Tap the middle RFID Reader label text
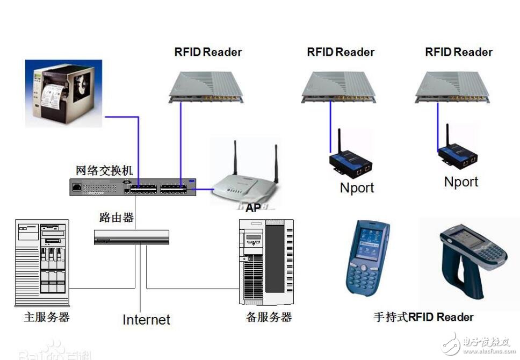click(341, 52)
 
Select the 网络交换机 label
click(104, 170)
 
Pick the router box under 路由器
click(132, 237)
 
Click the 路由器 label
click(117, 218)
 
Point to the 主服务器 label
click(47, 316)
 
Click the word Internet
click(146, 320)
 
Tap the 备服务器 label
click(269, 317)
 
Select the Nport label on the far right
click(461, 182)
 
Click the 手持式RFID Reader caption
click(423, 317)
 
